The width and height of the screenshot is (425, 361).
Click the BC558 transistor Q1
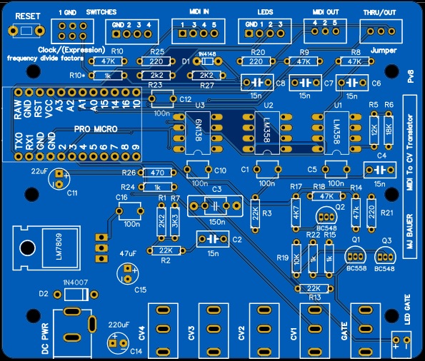(x=355, y=258)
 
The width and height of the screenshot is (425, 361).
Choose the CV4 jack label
(x=142, y=333)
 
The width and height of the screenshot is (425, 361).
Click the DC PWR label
(x=43, y=339)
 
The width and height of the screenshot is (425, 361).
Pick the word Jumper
(x=385, y=51)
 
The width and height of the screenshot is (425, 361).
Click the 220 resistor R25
(x=158, y=62)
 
